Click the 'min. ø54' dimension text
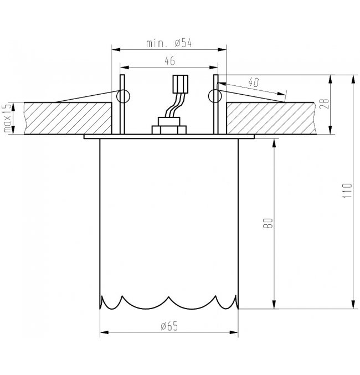[x=169, y=43]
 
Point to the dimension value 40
[x=254, y=83]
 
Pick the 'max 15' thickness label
[x=7, y=118]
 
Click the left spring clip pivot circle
[x=122, y=96]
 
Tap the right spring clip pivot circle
[x=213, y=96]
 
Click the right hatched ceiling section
[x=271, y=117]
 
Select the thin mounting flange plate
[x=169, y=136]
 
